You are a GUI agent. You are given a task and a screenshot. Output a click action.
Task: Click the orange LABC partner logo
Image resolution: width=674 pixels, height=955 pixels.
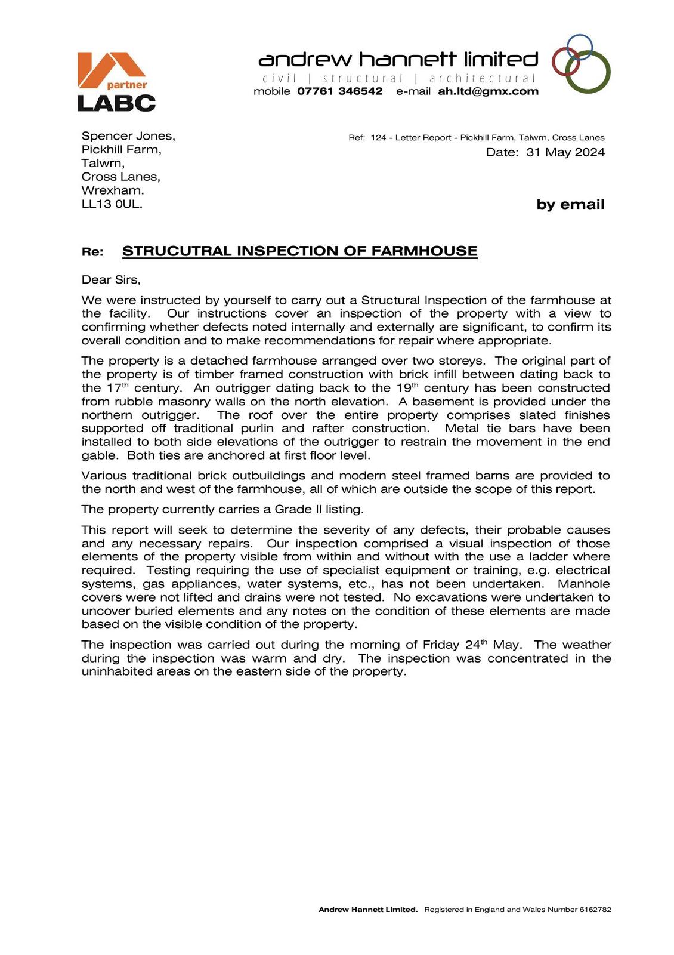pyautogui.click(x=116, y=81)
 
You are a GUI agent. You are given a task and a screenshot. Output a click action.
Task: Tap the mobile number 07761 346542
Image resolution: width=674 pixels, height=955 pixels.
pyautogui.click(x=339, y=91)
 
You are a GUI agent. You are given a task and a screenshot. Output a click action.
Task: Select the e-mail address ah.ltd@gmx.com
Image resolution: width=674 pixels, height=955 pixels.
pyautogui.click(x=488, y=91)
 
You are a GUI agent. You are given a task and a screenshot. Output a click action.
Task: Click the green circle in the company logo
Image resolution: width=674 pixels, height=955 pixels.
pyautogui.click(x=588, y=72)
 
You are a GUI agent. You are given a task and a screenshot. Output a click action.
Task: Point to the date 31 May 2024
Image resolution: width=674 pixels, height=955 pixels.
pyautogui.click(x=565, y=152)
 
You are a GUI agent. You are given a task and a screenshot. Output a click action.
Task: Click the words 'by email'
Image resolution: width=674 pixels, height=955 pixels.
pyautogui.click(x=570, y=205)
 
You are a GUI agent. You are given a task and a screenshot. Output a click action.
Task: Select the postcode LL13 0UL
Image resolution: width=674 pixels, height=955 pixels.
pyautogui.click(x=112, y=204)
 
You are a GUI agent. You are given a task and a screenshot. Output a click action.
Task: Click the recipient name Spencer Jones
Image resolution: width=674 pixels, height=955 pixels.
pyautogui.click(x=128, y=136)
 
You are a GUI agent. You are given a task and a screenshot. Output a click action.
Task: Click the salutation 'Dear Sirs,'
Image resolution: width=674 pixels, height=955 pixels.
pyautogui.click(x=111, y=279)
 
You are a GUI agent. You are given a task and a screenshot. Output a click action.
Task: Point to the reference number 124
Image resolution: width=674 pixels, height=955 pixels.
pyautogui.click(x=378, y=138)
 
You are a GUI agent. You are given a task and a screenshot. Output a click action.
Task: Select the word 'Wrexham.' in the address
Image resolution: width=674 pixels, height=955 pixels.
pyautogui.click(x=113, y=190)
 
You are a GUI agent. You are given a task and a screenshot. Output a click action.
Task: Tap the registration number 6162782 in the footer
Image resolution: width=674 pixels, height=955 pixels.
pyautogui.click(x=595, y=910)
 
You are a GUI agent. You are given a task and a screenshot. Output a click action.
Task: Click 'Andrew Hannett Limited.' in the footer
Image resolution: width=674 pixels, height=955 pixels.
pyautogui.click(x=368, y=910)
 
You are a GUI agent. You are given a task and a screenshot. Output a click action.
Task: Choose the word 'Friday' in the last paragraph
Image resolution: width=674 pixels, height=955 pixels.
pyautogui.click(x=441, y=645)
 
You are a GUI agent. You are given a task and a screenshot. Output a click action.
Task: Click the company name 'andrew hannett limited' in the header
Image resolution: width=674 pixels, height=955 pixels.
pyautogui.click(x=398, y=60)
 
